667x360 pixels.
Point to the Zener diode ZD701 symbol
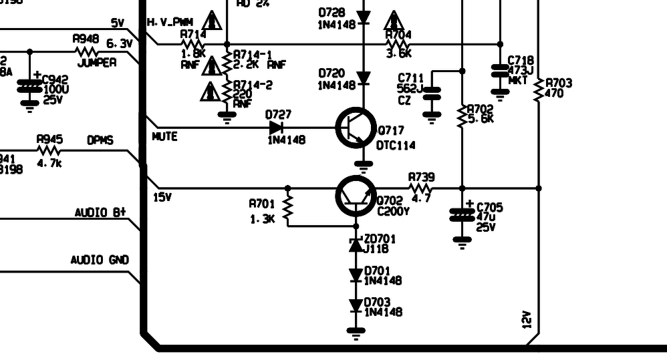click(356, 245)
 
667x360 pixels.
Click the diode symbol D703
click(356, 307)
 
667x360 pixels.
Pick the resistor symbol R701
click(288, 208)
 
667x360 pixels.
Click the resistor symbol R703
click(539, 92)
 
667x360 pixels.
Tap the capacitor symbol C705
click(462, 215)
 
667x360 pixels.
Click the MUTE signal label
click(164, 136)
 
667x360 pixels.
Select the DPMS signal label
click(100, 141)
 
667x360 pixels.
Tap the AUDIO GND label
click(100, 260)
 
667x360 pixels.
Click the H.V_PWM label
click(170, 23)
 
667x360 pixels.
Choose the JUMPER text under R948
click(96, 63)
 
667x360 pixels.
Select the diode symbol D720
click(363, 79)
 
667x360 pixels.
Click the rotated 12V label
click(526, 320)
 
